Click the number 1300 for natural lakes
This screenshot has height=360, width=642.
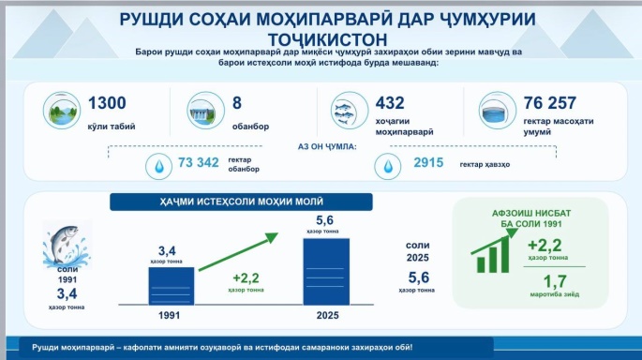107,103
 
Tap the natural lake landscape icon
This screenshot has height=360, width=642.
62,111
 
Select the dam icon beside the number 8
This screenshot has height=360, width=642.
205,111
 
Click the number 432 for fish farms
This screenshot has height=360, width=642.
390,103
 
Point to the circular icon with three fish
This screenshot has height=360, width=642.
350,111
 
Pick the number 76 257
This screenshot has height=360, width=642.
550,103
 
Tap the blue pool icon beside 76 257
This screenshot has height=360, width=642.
498,111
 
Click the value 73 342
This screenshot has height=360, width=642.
198,162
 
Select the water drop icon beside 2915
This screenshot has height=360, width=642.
388,166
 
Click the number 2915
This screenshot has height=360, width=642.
428,162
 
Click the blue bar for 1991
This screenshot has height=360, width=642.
172,286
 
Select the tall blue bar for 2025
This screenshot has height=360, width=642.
326,272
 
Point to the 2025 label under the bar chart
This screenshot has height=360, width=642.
327,315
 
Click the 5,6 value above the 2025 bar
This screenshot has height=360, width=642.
324,220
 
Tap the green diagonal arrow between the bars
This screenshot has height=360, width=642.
238,252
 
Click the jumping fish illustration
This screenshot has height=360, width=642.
67,245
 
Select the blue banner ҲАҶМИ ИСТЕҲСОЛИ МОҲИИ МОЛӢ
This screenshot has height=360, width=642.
241,202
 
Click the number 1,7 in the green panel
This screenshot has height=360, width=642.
555,282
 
